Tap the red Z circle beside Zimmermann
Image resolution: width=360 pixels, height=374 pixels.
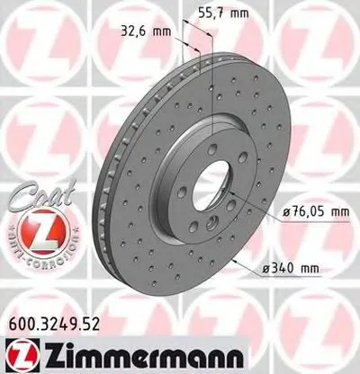point(23,352)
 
